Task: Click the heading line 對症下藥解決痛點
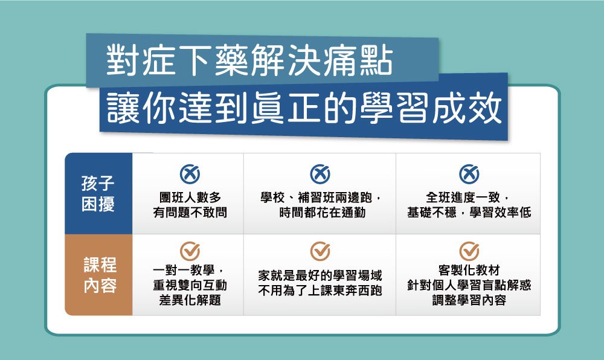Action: point(249,60)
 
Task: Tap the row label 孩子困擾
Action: point(98,194)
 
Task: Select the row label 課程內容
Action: point(100,275)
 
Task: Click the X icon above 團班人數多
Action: point(190,174)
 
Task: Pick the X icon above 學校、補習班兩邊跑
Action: point(320,174)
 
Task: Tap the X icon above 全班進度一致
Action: point(469,174)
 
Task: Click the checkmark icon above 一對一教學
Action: point(190,251)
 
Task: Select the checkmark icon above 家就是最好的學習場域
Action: point(320,251)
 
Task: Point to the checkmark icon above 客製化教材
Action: point(469,251)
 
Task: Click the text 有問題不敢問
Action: point(190,212)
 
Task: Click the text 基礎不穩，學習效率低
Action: point(469,212)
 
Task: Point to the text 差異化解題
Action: point(190,300)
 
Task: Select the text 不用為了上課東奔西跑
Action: point(320,291)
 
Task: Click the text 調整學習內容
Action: point(469,300)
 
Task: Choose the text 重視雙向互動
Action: point(190,285)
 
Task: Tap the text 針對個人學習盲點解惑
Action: point(469,285)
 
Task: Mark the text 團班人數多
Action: point(190,198)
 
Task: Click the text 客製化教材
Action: point(469,270)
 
